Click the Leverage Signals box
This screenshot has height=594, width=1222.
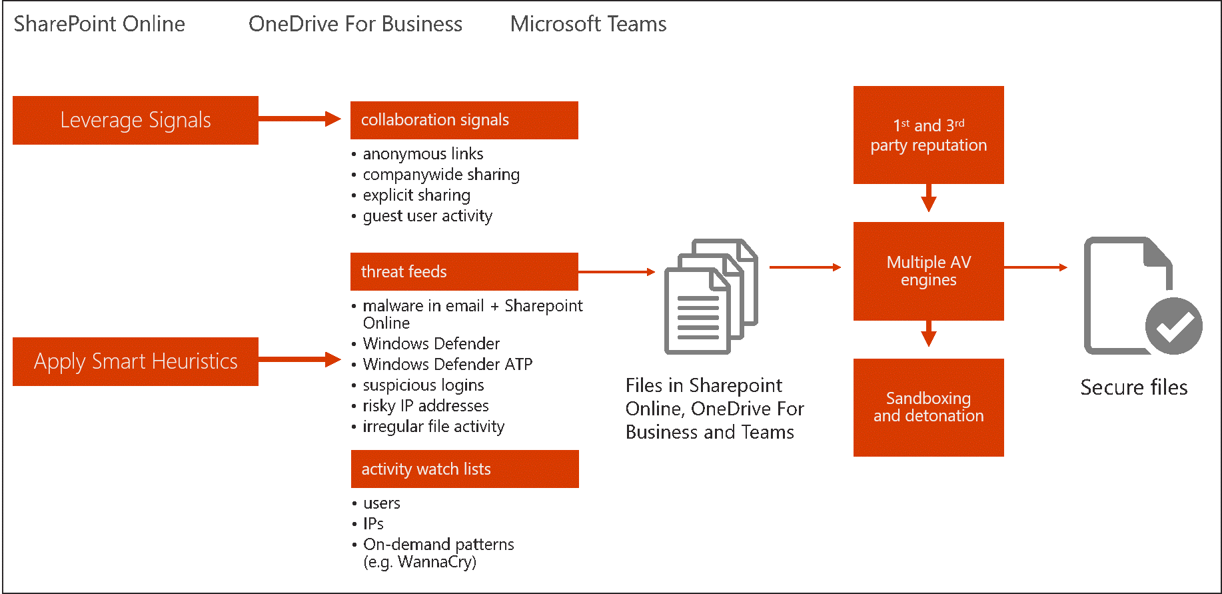135,120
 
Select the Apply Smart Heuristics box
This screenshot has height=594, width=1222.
135,361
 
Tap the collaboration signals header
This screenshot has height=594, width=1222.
464,120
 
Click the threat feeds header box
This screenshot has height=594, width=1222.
464,271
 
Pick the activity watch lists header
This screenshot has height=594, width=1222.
464,469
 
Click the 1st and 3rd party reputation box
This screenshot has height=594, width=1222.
928,135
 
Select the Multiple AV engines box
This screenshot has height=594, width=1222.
928,271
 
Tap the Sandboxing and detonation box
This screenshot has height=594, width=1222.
928,407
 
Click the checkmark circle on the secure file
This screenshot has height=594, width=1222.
1173,326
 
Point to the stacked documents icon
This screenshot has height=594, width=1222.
711,296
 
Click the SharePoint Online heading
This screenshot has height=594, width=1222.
99,24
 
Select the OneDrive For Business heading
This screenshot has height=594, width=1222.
355,24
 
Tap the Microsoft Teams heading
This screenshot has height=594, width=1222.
588,24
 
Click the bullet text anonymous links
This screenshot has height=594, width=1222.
423,154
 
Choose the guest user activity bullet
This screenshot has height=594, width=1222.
427,216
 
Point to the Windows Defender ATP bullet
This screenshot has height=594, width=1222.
447,365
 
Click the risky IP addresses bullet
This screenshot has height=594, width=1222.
425,406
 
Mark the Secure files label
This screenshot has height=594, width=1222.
1133,387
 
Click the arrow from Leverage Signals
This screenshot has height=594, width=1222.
299,119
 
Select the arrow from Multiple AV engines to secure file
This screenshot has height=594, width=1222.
1035,267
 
